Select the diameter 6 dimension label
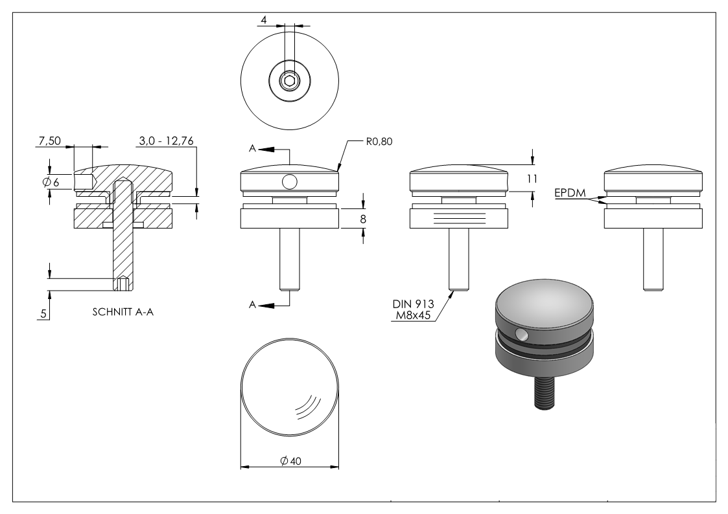click(x=51, y=183)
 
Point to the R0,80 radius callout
click(x=380, y=140)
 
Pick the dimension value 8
click(x=363, y=219)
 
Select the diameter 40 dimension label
click(x=289, y=460)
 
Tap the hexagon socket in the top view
click(x=289, y=81)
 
